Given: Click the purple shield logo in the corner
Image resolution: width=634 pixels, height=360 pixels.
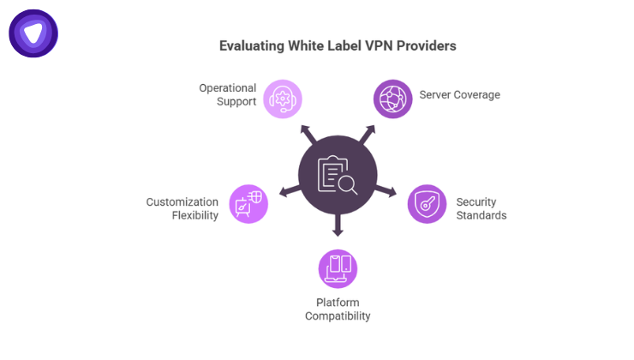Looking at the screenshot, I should click(x=33, y=33).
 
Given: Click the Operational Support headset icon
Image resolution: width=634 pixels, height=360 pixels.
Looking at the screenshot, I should click(x=282, y=98).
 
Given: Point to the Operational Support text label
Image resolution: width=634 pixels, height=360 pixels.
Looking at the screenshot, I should click(x=228, y=95).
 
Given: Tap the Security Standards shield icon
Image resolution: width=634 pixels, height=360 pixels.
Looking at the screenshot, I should click(x=426, y=204).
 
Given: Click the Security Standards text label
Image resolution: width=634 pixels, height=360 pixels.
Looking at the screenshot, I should click(x=481, y=208).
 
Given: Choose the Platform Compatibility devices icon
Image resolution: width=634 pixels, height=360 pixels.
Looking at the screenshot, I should click(x=338, y=269).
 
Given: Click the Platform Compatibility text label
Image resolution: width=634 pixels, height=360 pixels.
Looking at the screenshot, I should click(x=338, y=309).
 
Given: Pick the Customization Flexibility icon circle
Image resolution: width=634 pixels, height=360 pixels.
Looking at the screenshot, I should click(x=249, y=204).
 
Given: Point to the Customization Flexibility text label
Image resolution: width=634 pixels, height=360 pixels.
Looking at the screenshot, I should click(x=182, y=208).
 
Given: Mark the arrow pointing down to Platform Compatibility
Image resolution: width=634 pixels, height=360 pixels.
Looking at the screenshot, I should click(x=338, y=228).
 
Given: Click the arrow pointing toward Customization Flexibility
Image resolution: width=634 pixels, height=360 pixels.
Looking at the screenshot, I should click(x=286, y=190).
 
